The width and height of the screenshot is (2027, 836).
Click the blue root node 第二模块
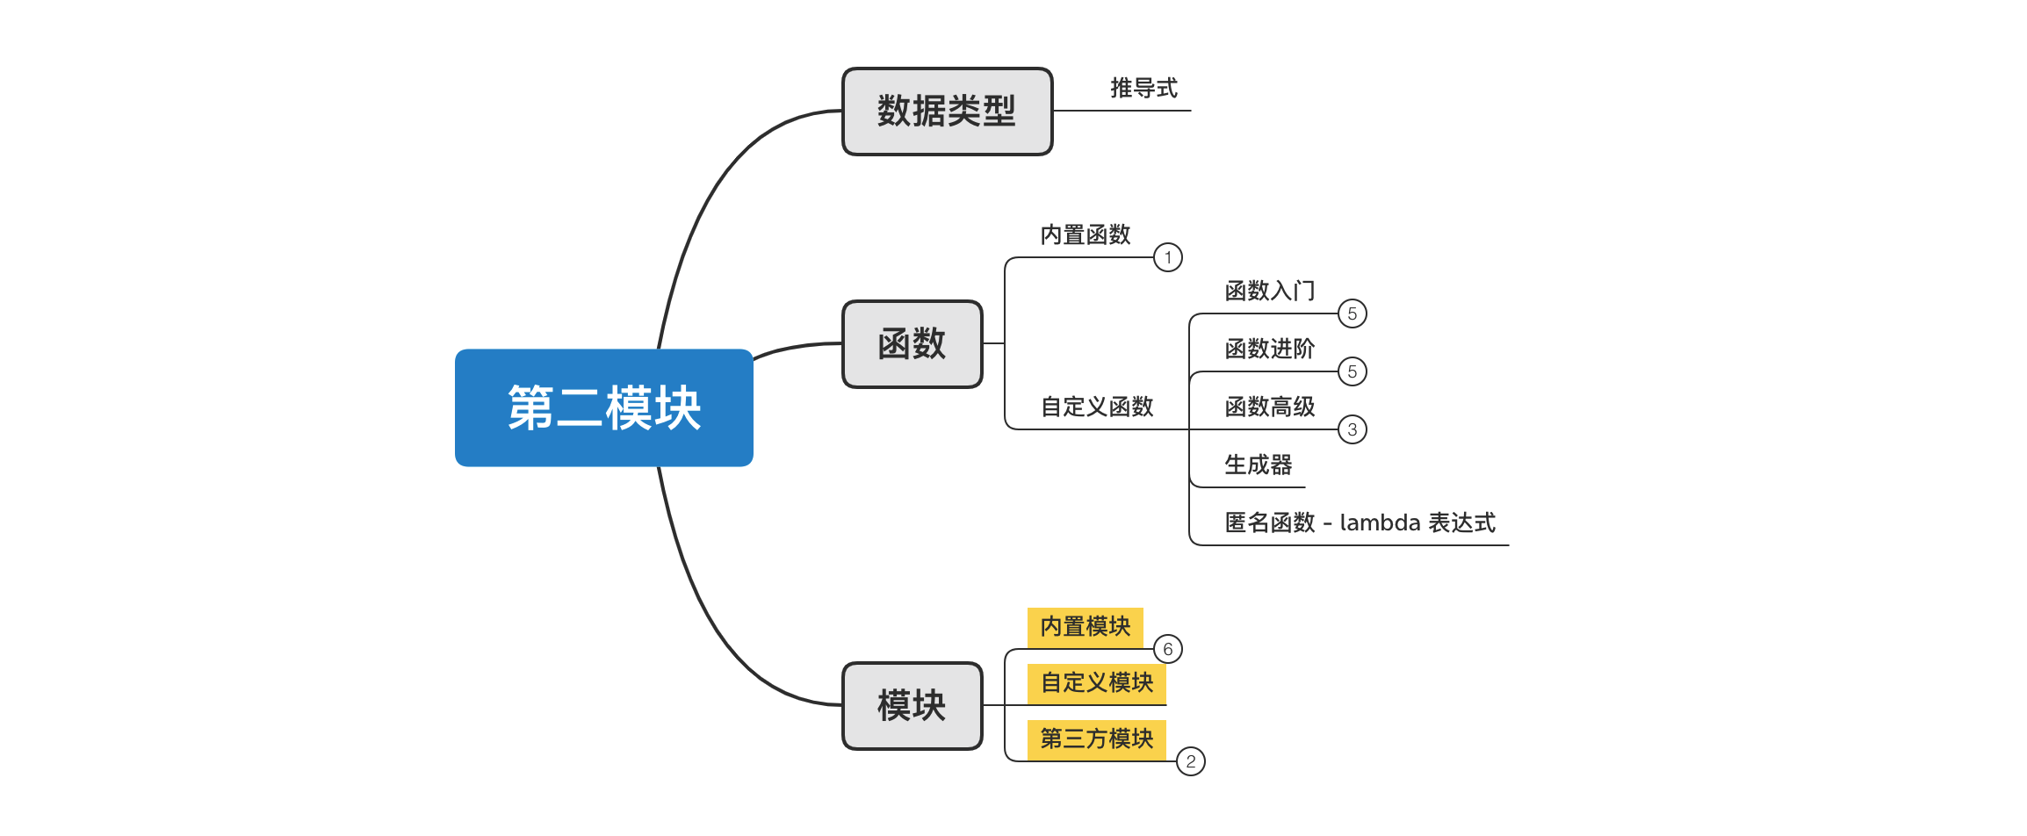click(x=603, y=407)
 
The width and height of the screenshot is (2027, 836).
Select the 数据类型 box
click(x=947, y=112)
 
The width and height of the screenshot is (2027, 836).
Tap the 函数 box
click(x=912, y=344)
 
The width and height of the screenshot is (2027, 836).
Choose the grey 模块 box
click(x=912, y=706)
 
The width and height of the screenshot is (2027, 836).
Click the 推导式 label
click(x=1143, y=89)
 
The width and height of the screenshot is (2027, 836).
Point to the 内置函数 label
click(x=1086, y=235)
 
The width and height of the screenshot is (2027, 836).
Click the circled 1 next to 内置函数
click(x=1167, y=257)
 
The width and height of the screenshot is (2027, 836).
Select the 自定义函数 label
click(x=1097, y=407)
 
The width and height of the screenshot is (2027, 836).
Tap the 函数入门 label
click(x=1269, y=291)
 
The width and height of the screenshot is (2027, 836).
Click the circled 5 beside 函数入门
click(x=1352, y=313)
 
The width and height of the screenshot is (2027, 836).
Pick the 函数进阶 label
click(x=1269, y=349)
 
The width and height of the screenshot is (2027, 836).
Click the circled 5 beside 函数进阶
click(x=1352, y=371)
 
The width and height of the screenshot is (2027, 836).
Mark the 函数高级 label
click(x=1269, y=407)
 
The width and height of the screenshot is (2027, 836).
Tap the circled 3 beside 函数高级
click(x=1352, y=429)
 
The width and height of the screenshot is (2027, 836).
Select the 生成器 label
click(x=1258, y=465)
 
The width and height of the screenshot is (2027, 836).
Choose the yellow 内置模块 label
click(x=1086, y=627)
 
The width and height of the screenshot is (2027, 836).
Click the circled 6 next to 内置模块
click(x=1167, y=649)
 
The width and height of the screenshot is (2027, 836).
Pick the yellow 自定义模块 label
click(x=1097, y=682)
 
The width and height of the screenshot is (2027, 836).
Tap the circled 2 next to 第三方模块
click(x=1190, y=761)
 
